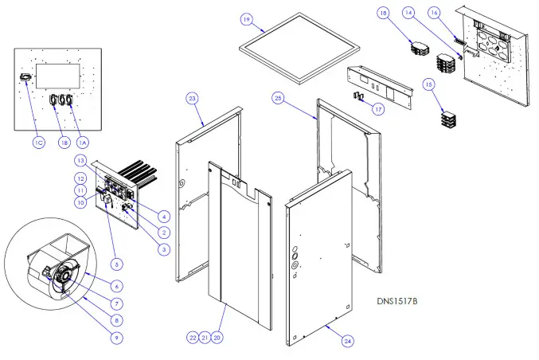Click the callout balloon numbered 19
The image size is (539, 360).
tap(247, 18)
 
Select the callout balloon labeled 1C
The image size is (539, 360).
tap(37, 143)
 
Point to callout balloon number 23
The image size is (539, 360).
tap(192, 98)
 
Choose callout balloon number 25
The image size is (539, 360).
tap(278, 98)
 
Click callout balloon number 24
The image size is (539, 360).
tap(349, 340)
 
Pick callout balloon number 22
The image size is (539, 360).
tap(192, 338)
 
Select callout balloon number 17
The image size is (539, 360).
tap(377, 109)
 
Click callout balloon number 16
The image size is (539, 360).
tap(456, 14)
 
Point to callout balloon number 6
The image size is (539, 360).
tap(117, 285)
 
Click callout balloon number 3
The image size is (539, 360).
tap(162, 250)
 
